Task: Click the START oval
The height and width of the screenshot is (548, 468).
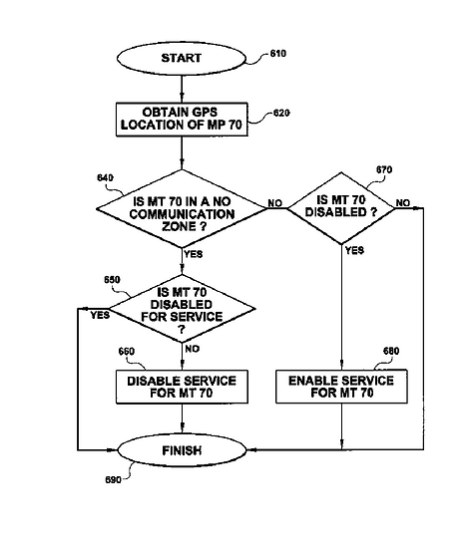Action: click(182, 59)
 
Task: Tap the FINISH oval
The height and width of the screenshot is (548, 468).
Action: click(182, 450)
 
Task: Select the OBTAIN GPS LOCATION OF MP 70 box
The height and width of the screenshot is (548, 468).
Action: click(182, 120)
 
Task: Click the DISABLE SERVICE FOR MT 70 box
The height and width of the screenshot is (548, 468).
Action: click(182, 387)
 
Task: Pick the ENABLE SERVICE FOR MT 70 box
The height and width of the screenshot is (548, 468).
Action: click(341, 387)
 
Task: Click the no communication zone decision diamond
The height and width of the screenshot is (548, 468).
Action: click(182, 209)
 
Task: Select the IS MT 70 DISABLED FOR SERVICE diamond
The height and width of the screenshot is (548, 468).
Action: click(182, 309)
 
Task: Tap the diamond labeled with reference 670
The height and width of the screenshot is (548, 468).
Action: click(341, 208)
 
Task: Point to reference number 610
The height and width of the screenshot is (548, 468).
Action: click(278, 54)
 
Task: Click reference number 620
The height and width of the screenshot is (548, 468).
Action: click(281, 113)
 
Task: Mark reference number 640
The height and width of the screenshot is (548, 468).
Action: click(106, 178)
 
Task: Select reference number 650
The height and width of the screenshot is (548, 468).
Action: click(112, 280)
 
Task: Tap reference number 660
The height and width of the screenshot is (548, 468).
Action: click(127, 352)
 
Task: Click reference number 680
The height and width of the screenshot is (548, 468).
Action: click(391, 351)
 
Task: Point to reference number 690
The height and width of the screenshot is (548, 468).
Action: click(114, 480)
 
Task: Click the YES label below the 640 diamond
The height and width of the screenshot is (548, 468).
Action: click(194, 254)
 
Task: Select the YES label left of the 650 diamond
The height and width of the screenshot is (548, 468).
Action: click(100, 315)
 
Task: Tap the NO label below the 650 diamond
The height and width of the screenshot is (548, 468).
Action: click(193, 349)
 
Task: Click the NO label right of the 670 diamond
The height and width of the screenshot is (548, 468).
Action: click(403, 202)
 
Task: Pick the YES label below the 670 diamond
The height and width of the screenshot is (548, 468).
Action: click(354, 250)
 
